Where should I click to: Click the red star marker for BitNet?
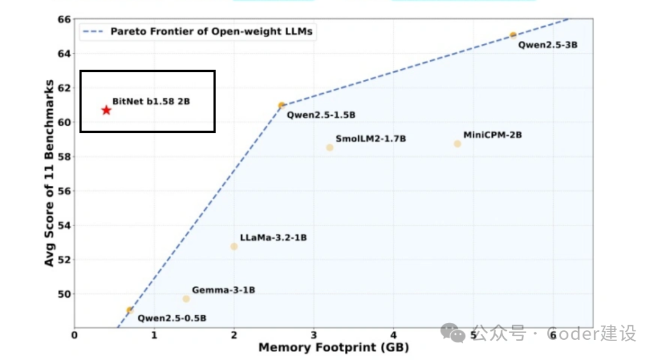tap(107, 110)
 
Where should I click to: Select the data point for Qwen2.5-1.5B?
tap(281, 105)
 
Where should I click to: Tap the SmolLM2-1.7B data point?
tap(330, 147)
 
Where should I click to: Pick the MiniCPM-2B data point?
tap(458, 144)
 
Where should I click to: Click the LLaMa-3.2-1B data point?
tap(234, 247)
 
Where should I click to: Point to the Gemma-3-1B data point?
tap(186, 298)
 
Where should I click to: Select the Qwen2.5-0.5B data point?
tap(130, 310)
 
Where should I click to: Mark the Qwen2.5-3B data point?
tap(513, 35)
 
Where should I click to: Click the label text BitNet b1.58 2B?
tap(151, 102)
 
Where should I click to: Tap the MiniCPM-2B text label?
tap(492, 135)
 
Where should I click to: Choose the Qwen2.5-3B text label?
tap(547, 44)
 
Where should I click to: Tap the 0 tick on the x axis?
tap(75, 334)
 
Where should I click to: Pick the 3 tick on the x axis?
tap(314, 334)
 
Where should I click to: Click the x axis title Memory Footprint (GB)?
tap(333, 348)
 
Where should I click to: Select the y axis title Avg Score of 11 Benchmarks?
tap(50, 172)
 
